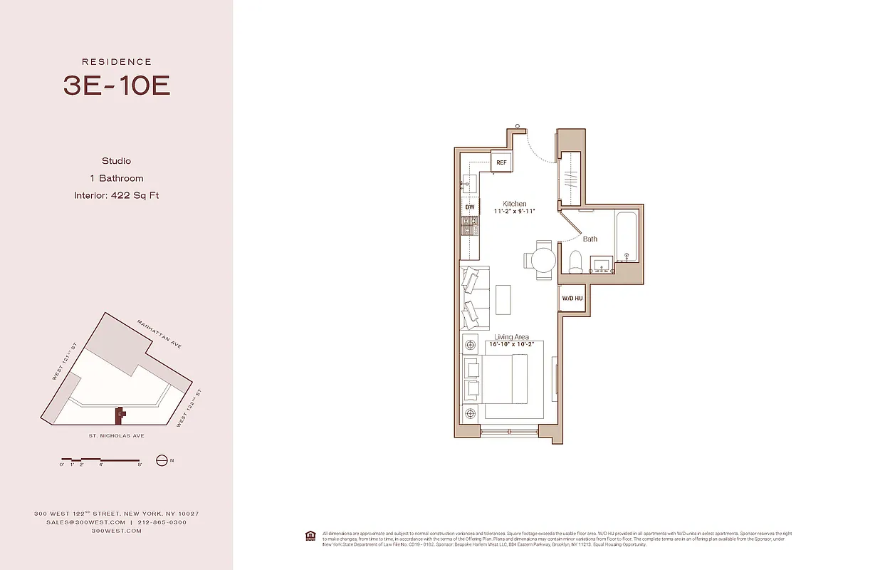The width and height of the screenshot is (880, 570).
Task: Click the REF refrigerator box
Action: pyautogui.click(x=501, y=163)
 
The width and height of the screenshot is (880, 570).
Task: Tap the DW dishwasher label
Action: pyautogui.click(x=469, y=207)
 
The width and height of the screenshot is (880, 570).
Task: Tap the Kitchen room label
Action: pyautogui.click(x=514, y=204)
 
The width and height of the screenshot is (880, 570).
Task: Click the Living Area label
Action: pyautogui.click(x=512, y=337)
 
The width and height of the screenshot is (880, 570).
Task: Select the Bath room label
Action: pyautogui.click(x=590, y=239)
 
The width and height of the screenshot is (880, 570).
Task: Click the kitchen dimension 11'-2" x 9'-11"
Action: pyautogui.click(x=514, y=212)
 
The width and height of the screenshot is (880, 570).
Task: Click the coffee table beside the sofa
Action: pyautogui.click(x=503, y=299)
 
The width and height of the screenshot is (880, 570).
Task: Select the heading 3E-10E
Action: pyautogui.click(x=117, y=85)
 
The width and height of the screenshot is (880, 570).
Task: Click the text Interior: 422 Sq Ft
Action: pyautogui.click(x=116, y=195)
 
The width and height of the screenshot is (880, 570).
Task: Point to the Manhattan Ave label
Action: pyautogui.click(x=159, y=334)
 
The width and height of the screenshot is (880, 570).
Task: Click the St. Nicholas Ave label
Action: pyautogui.click(x=113, y=436)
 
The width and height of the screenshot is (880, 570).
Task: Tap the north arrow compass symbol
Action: pyautogui.click(x=161, y=460)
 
